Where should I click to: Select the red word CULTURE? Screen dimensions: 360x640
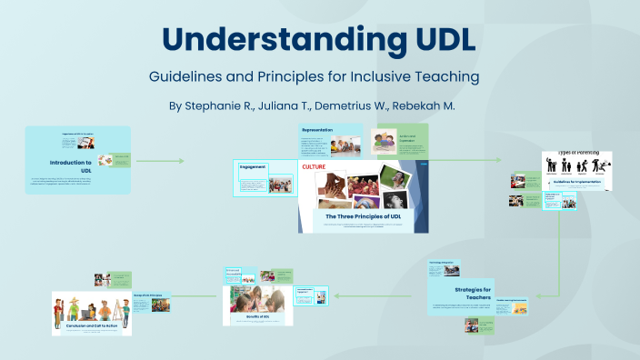click(x=315, y=167)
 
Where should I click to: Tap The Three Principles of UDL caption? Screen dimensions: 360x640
click(x=364, y=216)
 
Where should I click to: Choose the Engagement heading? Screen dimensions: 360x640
click(x=252, y=167)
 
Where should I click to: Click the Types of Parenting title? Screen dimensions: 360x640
click(x=576, y=154)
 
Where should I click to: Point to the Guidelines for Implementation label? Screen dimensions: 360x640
click(x=576, y=182)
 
